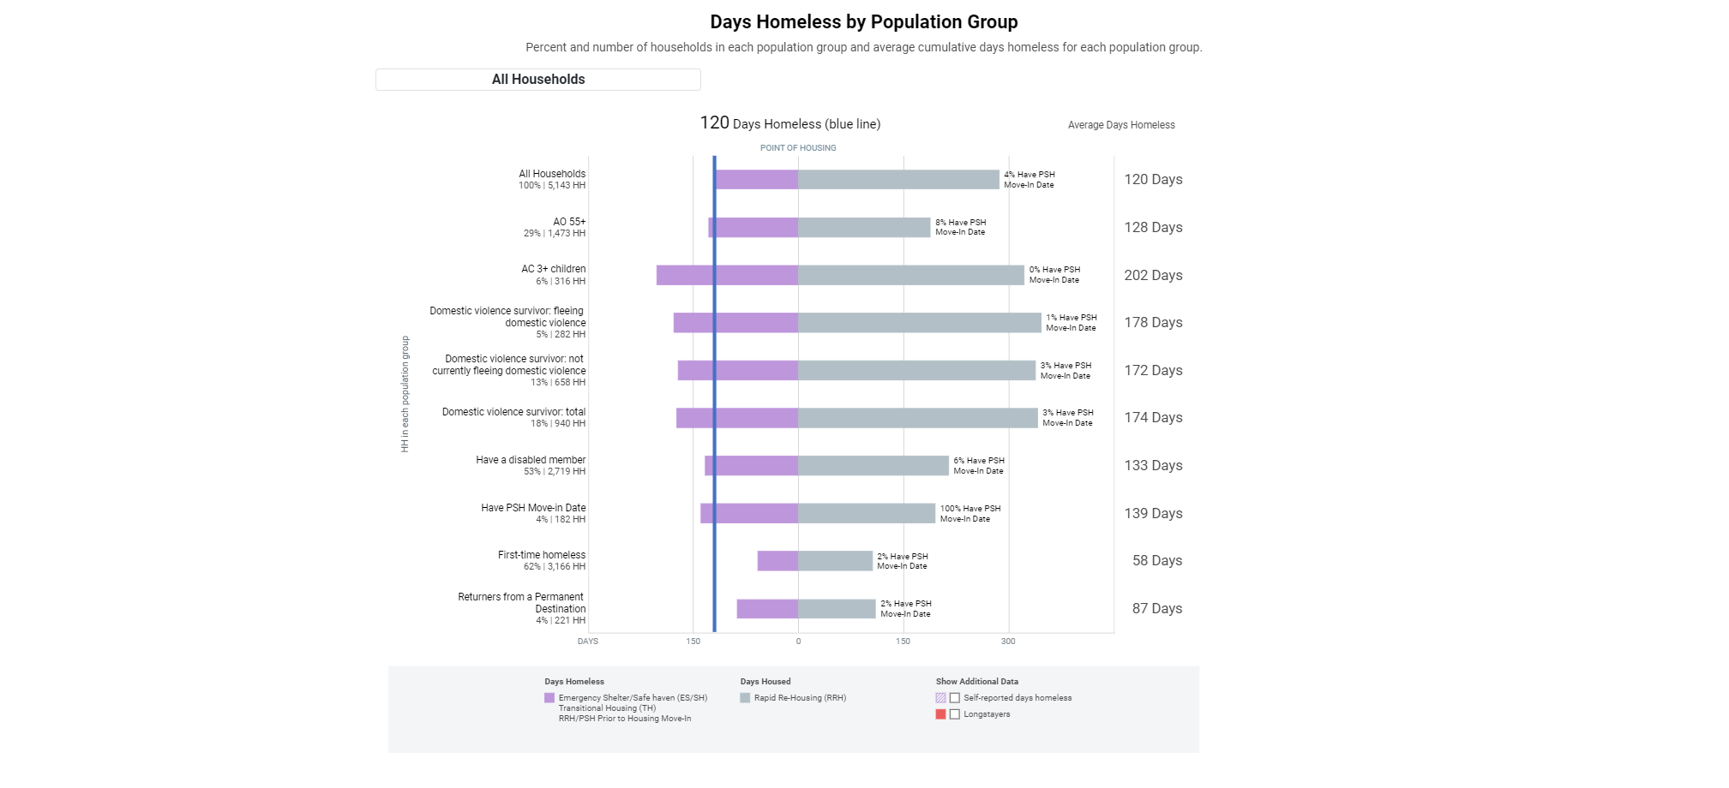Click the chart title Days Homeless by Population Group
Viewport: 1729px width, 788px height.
tap(863, 22)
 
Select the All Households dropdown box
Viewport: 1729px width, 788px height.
tap(537, 80)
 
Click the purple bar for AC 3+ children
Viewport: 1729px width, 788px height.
tap(727, 275)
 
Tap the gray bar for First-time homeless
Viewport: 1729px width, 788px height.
tap(835, 561)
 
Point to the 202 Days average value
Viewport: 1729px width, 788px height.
tap(1153, 275)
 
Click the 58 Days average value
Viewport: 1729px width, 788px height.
tap(1156, 560)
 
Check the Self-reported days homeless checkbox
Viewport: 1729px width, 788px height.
tap(955, 698)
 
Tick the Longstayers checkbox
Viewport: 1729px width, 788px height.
tap(955, 714)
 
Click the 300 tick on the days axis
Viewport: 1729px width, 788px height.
tap(1008, 642)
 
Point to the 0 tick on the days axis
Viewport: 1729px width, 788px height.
tap(798, 642)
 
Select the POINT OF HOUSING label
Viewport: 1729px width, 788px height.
tap(798, 148)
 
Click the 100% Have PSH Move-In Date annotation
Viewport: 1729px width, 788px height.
tap(970, 514)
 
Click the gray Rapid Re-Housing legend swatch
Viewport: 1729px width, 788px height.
tap(745, 698)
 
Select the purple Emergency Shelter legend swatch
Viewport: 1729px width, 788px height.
tap(549, 698)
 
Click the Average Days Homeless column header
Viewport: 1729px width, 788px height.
tap(1121, 125)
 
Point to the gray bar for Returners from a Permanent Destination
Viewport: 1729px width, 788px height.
tap(837, 609)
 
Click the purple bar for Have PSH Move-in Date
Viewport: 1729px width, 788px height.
tap(749, 513)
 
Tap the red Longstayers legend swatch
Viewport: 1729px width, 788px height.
tap(940, 714)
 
